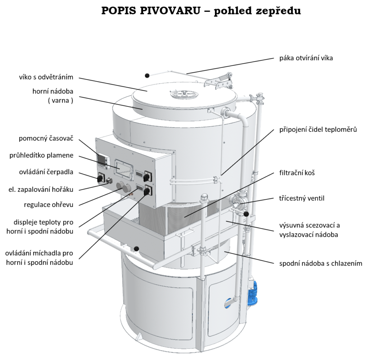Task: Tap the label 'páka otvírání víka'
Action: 306,58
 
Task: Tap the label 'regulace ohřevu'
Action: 49,205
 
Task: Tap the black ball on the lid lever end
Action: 147,75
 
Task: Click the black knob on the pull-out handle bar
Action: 136,249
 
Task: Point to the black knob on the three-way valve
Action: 246,214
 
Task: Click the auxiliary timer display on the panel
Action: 102,158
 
